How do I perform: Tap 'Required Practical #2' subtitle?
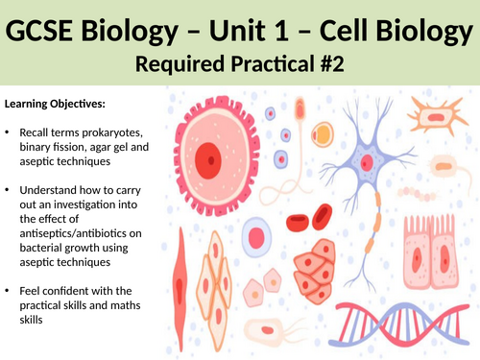click(240, 68)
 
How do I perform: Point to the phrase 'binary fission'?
click(50, 145)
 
